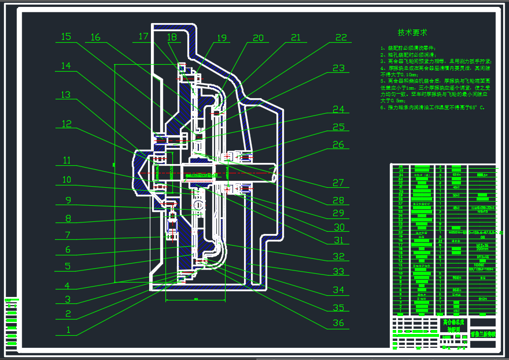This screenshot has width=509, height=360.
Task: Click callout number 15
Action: [x=66, y=37]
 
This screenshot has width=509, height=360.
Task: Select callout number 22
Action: [x=341, y=38]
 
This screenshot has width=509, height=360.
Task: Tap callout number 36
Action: [x=338, y=323]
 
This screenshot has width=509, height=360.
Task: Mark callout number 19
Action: [x=222, y=38]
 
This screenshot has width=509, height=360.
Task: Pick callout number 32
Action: [x=338, y=256]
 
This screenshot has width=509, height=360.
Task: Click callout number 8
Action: [x=68, y=219]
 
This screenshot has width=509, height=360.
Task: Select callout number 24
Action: [x=338, y=109]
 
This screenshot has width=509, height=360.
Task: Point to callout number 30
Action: [x=338, y=227]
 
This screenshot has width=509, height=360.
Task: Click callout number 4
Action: [x=68, y=285]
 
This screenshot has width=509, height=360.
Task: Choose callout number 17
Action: [x=144, y=36]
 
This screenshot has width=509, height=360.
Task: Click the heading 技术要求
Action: [x=412, y=32]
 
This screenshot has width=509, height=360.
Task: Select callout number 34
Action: [x=338, y=290]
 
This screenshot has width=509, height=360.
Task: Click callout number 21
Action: [x=296, y=38]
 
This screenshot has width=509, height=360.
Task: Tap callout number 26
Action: [x=338, y=144]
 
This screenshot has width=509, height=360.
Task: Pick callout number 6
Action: [x=68, y=250]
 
